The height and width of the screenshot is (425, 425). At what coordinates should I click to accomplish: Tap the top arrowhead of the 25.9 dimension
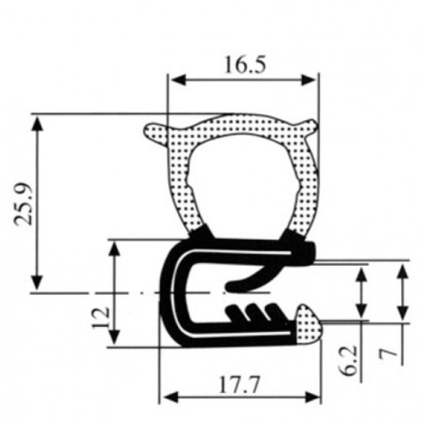[38, 120]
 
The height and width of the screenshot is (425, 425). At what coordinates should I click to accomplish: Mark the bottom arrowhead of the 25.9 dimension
[38, 282]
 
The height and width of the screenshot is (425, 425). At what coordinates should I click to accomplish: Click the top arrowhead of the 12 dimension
[114, 246]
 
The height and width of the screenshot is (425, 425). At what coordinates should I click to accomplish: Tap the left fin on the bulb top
[155, 133]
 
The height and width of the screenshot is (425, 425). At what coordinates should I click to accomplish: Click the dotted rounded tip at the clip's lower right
[307, 321]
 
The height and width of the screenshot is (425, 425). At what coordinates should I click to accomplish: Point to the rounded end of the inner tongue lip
[232, 285]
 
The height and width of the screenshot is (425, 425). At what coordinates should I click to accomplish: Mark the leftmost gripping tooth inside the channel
[235, 311]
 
